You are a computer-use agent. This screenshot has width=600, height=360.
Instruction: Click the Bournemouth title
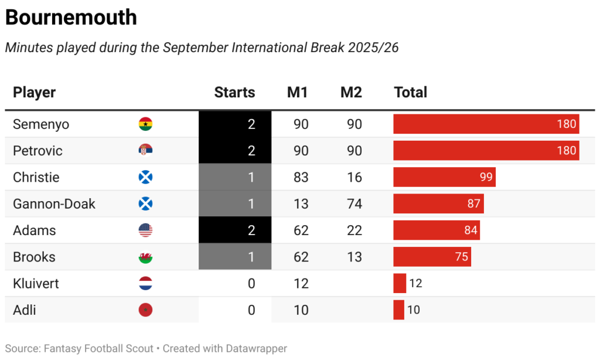(71, 18)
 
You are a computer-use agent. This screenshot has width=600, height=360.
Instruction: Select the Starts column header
(234, 92)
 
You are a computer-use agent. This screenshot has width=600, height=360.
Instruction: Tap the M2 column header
(351, 92)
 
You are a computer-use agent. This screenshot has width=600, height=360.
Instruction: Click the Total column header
(410, 92)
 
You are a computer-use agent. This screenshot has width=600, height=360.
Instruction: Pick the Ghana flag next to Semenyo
(145, 124)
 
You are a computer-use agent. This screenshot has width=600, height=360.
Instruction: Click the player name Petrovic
(37, 151)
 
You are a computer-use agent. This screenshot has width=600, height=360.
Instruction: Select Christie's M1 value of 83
(301, 177)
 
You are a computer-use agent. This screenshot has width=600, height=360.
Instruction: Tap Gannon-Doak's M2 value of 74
(354, 204)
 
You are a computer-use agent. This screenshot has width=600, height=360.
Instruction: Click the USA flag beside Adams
(145, 230)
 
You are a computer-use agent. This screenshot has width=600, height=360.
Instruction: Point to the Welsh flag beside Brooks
(145, 257)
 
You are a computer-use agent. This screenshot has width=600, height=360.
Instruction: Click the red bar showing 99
(444, 177)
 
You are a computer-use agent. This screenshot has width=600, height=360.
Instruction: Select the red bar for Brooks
(432, 257)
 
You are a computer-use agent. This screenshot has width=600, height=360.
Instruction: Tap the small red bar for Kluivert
(400, 283)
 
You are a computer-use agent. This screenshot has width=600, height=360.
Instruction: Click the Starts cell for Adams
(235, 230)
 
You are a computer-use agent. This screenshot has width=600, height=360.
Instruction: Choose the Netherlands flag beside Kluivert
(145, 283)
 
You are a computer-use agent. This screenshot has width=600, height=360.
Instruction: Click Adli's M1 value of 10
(301, 310)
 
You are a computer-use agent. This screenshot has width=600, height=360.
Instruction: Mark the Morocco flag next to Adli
(145, 310)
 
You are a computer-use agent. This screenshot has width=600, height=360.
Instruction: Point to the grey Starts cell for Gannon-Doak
(235, 204)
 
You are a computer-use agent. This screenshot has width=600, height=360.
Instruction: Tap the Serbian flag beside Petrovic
(145, 151)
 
